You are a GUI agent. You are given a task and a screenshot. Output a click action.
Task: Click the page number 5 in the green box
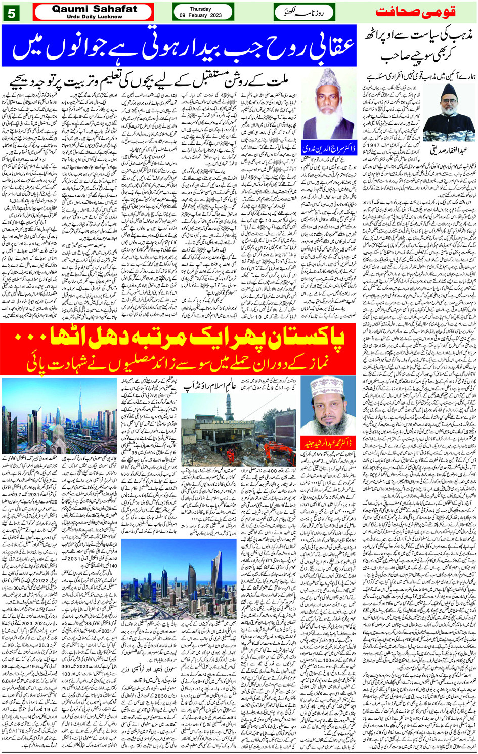pyautogui.click(x=11, y=13)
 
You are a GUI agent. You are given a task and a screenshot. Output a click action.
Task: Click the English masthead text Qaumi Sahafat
pyautogui.click(x=95, y=9)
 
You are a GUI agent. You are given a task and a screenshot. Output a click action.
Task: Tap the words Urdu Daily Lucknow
pyautogui.click(x=95, y=17)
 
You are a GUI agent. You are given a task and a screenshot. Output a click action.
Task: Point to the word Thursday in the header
pyautogui.click(x=201, y=9)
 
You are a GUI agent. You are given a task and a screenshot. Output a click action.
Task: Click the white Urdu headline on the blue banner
pyautogui.click(x=182, y=46)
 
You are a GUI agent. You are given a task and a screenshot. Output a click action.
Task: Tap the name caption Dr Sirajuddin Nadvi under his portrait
pyautogui.click(x=330, y=148)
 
